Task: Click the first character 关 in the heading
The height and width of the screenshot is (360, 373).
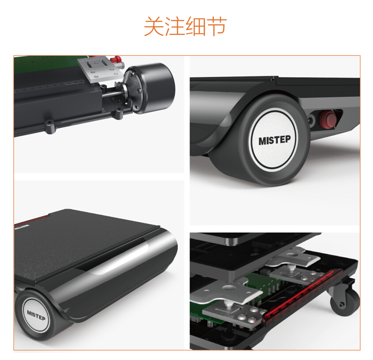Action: [154, 27]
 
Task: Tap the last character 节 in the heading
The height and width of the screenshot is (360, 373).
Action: [217, 27]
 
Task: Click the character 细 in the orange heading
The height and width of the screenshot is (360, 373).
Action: [196, 27]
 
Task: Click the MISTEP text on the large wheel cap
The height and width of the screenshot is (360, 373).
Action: [274, 141]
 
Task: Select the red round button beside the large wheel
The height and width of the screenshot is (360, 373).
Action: [328, 119]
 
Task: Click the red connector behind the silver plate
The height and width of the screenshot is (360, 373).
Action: [117, 59]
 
